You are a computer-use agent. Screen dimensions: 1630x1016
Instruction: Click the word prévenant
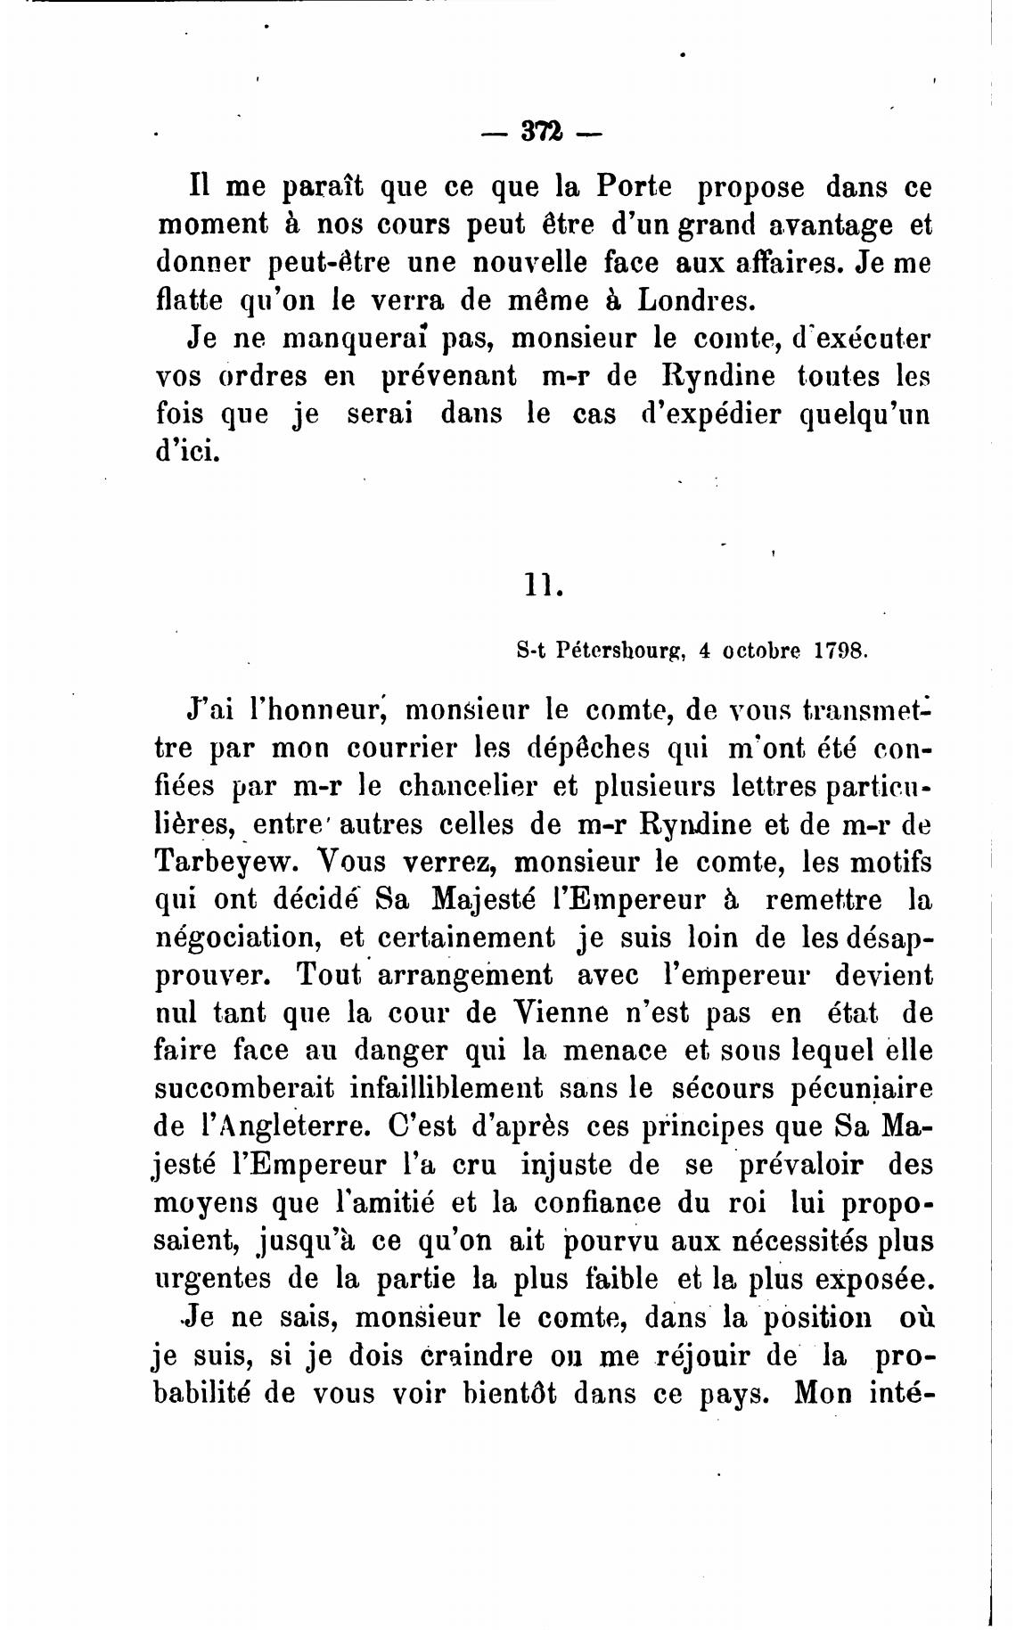pos(448,376)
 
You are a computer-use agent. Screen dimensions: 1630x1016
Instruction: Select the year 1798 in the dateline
pos(840,651)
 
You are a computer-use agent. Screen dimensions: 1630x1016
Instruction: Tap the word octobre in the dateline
pos(760,651)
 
